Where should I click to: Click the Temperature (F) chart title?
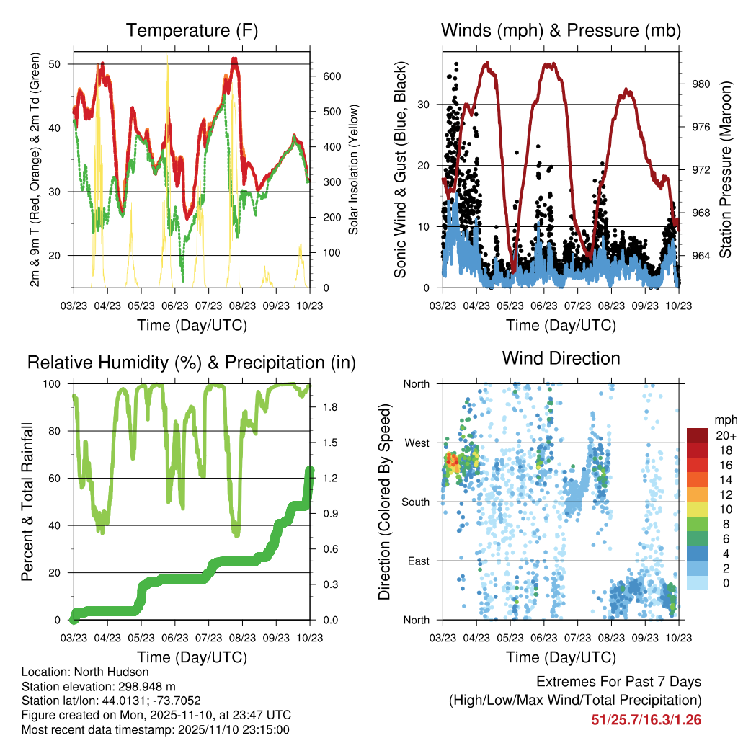[x=192, y=30]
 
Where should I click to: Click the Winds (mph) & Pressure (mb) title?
[x=561, y=30]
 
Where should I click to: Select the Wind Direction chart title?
[x=561, y=357]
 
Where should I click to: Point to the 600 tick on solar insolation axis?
[x=321, y=76]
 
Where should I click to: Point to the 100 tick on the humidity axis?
[x=57, y=383]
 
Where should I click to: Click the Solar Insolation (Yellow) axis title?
[x=354, y=170]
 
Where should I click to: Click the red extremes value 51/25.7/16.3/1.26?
[x=646, y=719]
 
